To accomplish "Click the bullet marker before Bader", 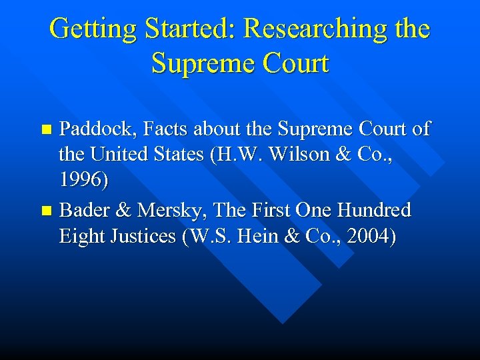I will coord(46,211).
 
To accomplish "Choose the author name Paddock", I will coord(92,129).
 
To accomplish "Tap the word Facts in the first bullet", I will coord(159,129).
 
